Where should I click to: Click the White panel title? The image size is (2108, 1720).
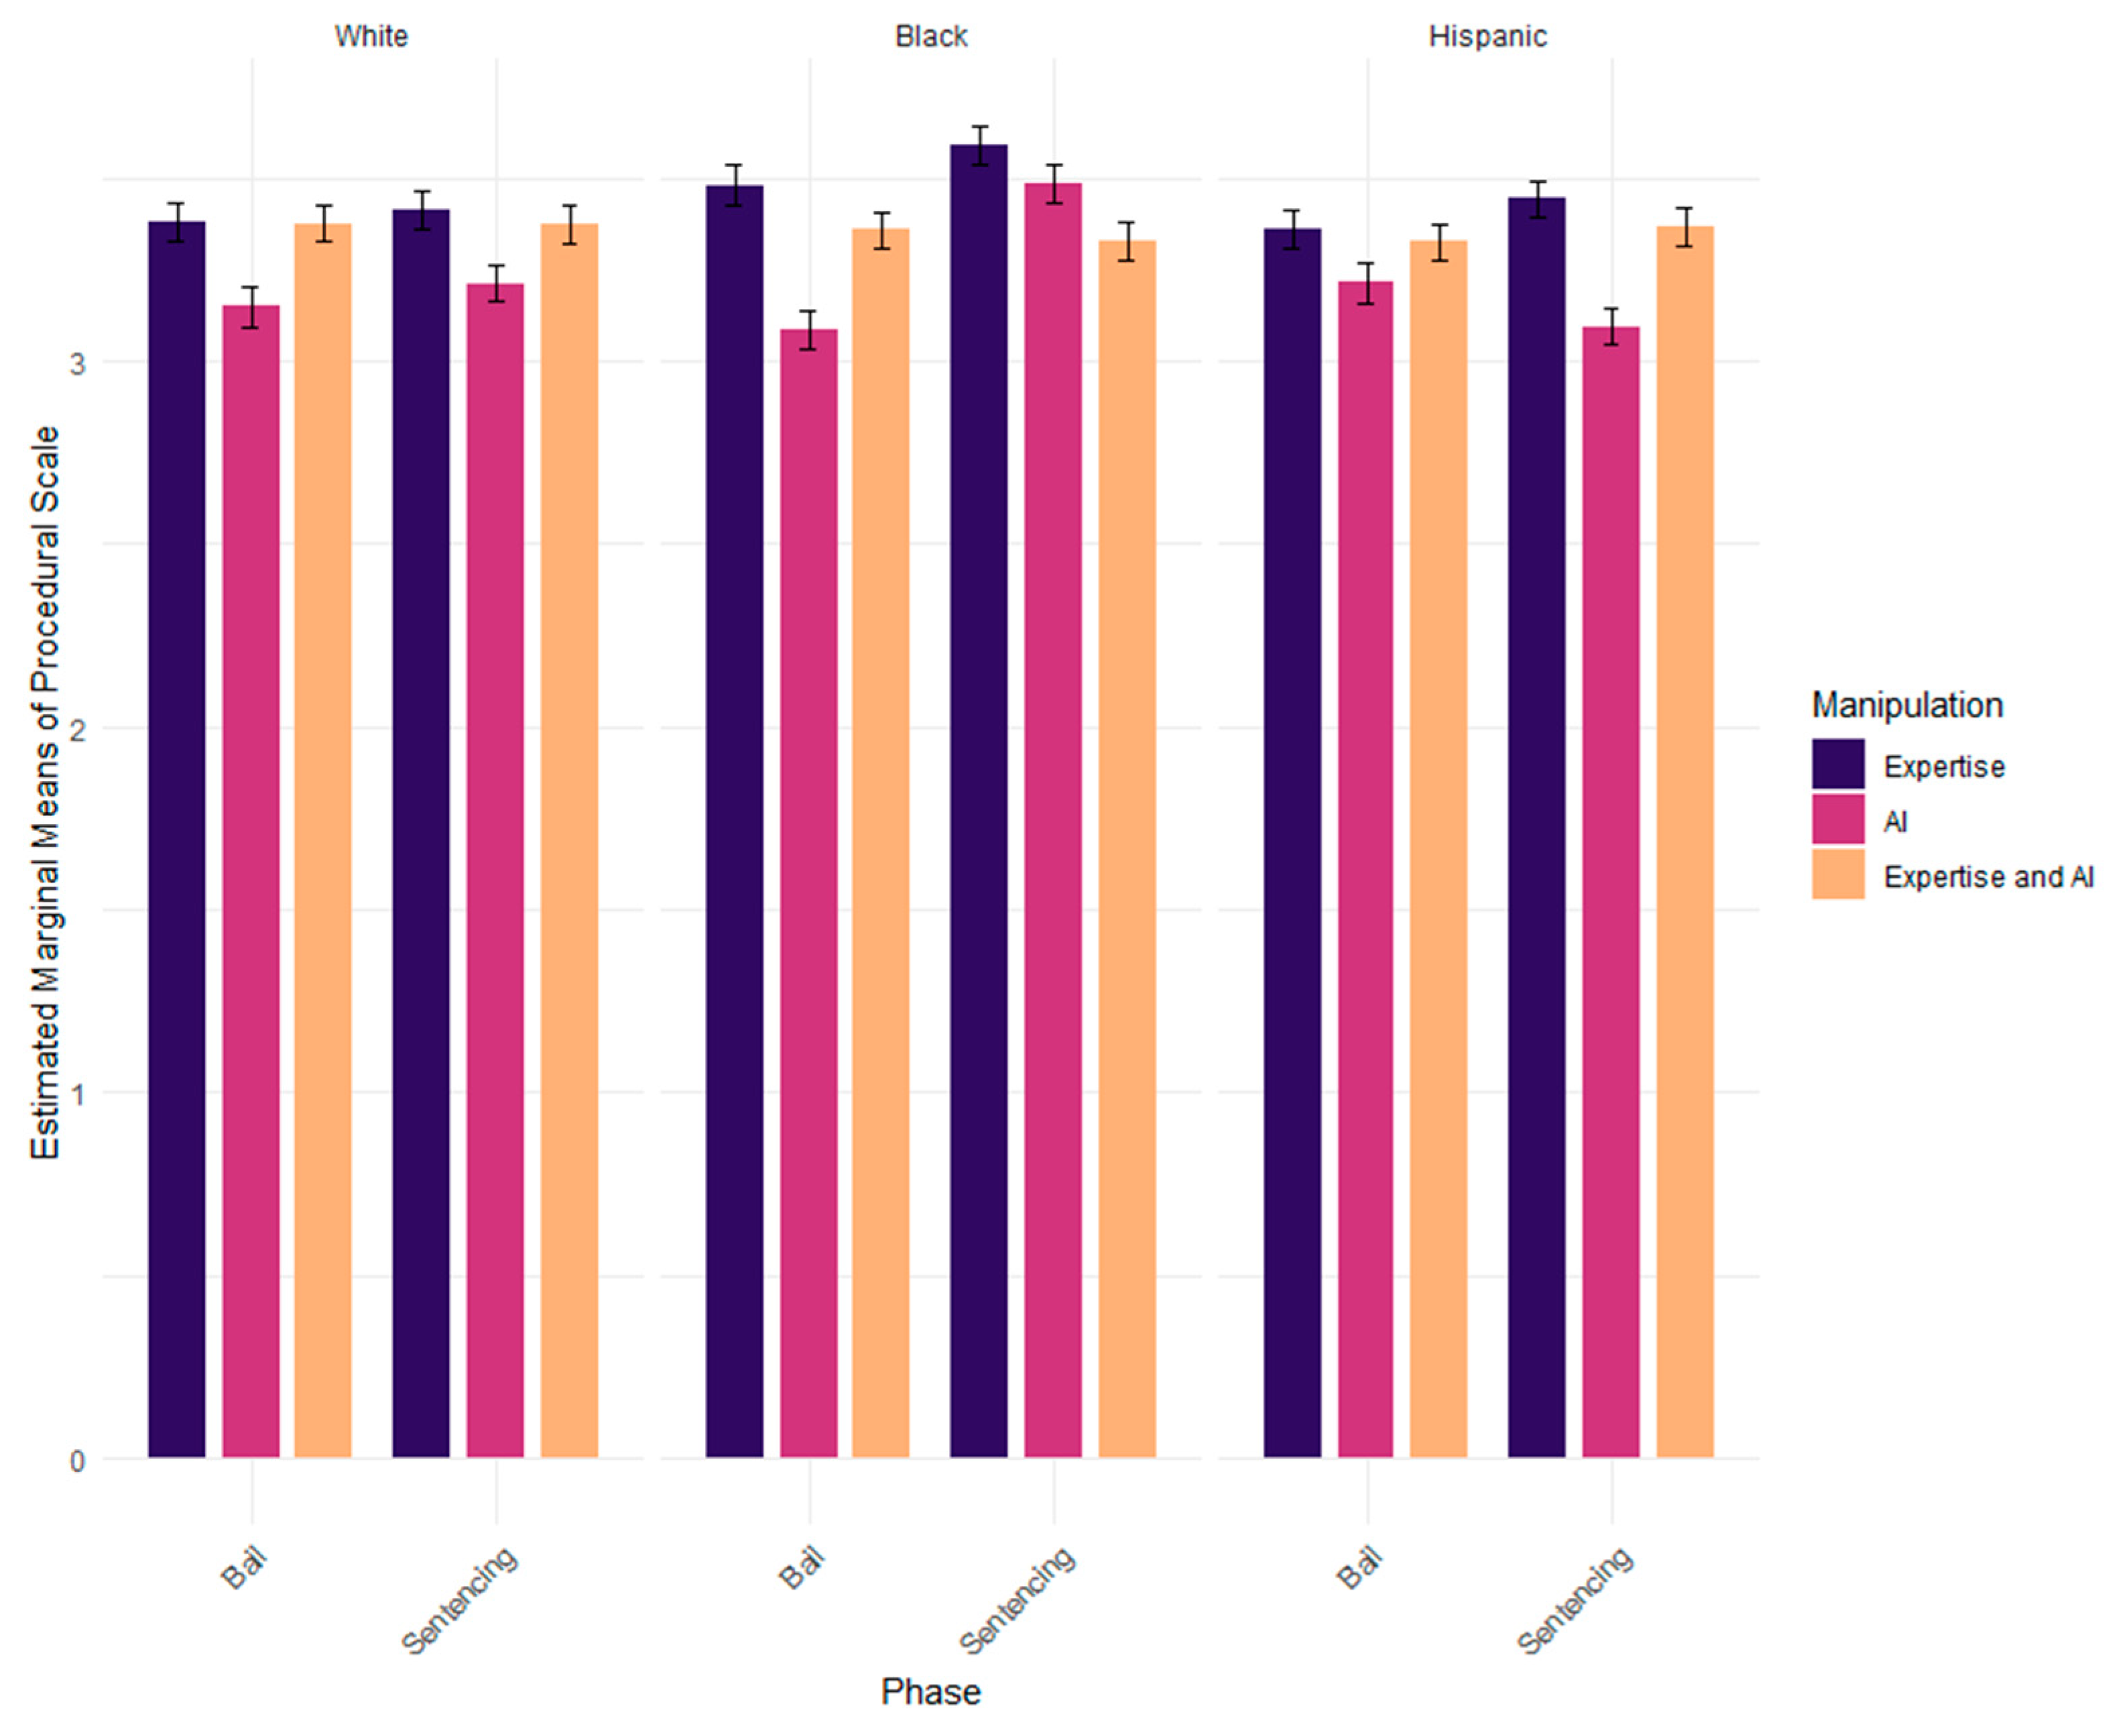[x=371, y=37]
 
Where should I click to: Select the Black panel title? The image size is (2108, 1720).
[x=930, y=37]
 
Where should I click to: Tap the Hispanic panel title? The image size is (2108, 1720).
[x=1487, y=37]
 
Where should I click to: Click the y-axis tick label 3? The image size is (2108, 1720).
[x=77, y=362]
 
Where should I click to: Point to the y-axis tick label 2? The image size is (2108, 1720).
[x=77, y=728]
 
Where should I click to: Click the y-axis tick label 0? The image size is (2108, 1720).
[x=77, y=1461]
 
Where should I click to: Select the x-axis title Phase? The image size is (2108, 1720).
[x=930, y=1691]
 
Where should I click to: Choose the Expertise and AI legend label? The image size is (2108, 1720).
[x=1988, y=877]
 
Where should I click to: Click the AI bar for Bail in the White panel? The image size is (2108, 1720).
[x=251, y=882]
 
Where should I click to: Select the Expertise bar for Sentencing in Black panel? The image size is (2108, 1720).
[x=979, y=801]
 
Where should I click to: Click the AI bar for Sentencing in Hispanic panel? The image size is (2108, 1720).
[x=1611, y=892]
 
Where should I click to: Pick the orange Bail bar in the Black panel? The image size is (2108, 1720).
[x=881, y=843]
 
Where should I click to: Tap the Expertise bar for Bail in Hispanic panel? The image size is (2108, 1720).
[x=1292, y=843]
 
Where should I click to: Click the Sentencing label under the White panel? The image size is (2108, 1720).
[x=460, y=1600]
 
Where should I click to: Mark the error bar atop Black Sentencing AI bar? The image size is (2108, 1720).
[x=1054, y=184]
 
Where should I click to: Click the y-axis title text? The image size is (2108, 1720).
[x=46, y=793]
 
